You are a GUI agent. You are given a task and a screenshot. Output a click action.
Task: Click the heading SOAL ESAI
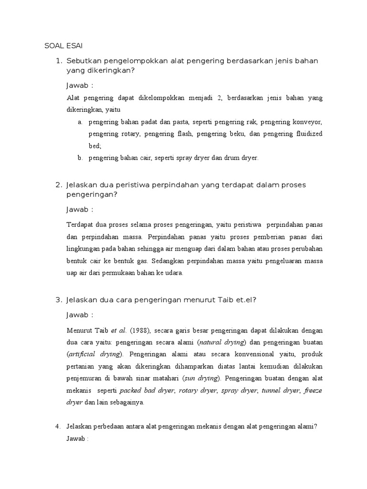64,46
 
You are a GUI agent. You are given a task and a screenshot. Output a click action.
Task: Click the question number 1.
59,61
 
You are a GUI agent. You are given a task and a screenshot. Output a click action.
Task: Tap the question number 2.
59,185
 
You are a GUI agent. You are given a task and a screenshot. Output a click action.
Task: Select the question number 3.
59,300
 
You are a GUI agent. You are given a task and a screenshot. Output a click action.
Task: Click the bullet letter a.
80,122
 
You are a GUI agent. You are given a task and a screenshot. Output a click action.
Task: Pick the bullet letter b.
80,158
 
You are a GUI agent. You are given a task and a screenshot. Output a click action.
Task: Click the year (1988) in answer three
140,330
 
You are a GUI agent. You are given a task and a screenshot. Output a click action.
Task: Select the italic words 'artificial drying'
95,354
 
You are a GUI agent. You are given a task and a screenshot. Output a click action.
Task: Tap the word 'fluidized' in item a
307,134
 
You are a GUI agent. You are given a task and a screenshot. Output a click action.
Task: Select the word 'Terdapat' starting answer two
79,224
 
